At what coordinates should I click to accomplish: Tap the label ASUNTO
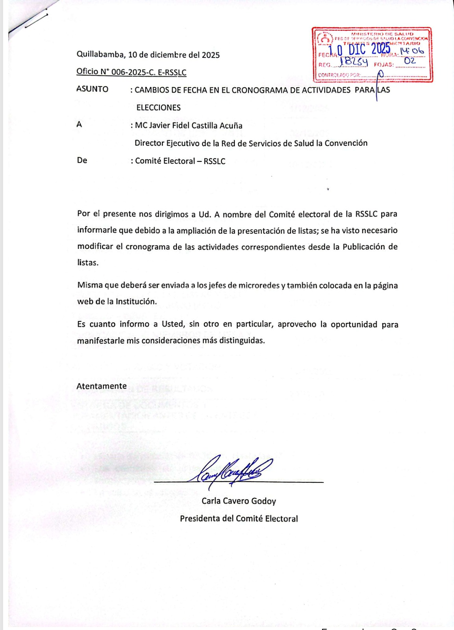click(x=92, y=89)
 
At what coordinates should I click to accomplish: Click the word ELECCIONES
click(x=158, y=107)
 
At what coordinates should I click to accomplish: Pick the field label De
click(x=82, y=161)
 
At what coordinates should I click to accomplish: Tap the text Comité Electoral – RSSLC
click(x=180, y=161)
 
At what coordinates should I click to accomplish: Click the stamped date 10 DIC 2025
click(x=359, y=49)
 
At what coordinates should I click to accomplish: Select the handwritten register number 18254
click(x=354, y=62)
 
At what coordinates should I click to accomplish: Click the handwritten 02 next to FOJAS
click(x=410, y=61)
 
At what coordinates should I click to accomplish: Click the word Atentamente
click(x=102, y=386)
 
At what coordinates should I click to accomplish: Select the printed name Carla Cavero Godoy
click(x=239, y=501)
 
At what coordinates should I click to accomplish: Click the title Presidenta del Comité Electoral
click(x=239, y=519)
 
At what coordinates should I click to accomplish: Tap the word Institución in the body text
click(x=136, y=302)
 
